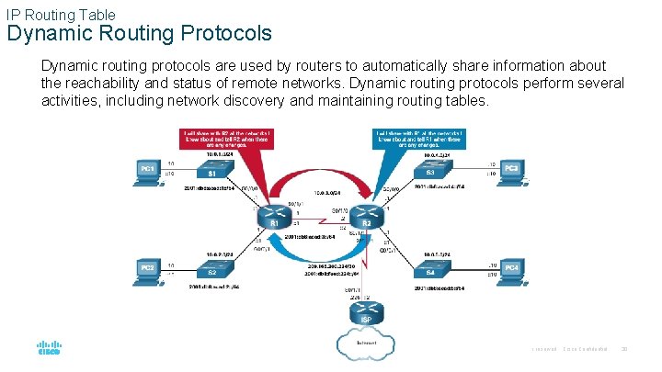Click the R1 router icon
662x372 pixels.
(273, 221)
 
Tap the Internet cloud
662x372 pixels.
(366, 344)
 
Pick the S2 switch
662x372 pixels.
(211, 273)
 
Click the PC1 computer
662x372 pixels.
(147, 172)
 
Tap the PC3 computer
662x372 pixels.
(511, 172)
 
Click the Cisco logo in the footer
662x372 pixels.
(48, 349)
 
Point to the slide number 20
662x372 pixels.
(626, 350)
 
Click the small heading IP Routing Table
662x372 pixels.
(61, 14)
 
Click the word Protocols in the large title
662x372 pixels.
(223, 34)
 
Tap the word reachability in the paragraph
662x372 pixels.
(111, 83)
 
